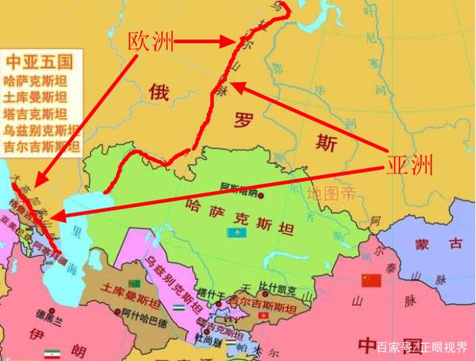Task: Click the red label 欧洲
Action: coord(152,42)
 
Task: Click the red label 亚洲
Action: coord(408,164)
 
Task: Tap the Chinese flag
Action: coord(370,280)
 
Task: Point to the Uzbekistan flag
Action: coord(178,307)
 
